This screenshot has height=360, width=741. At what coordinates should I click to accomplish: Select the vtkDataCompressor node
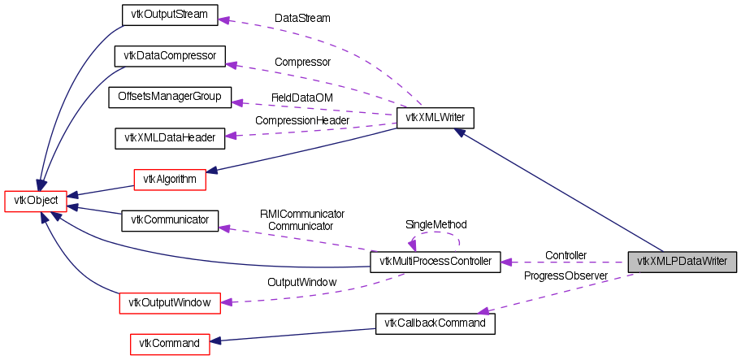point(169,56)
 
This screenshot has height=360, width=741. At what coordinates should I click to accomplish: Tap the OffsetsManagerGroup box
point(170,97)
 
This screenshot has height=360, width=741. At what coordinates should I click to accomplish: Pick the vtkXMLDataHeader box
point(169,138)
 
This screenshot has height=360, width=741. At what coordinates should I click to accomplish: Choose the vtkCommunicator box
point(169,220)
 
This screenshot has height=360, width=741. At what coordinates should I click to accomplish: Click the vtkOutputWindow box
point(169,302)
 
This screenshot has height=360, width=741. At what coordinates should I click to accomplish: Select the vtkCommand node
point(169,344)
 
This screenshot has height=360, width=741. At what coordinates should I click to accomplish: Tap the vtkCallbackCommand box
point(435,323)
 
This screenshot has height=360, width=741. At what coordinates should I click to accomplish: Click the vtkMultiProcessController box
point(435,262)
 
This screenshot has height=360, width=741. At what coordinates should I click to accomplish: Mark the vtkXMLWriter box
point(435,118)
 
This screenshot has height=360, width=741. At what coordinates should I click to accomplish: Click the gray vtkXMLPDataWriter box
point(682,262)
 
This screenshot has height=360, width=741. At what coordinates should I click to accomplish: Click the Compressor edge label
point(301,62)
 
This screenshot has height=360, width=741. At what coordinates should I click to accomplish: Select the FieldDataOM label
point(301,98)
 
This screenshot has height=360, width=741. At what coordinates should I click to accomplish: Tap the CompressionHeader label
point(301,120)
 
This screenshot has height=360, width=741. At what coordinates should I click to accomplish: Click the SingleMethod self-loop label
point(435,224)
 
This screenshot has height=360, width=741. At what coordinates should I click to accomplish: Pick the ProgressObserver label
point(565,276)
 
